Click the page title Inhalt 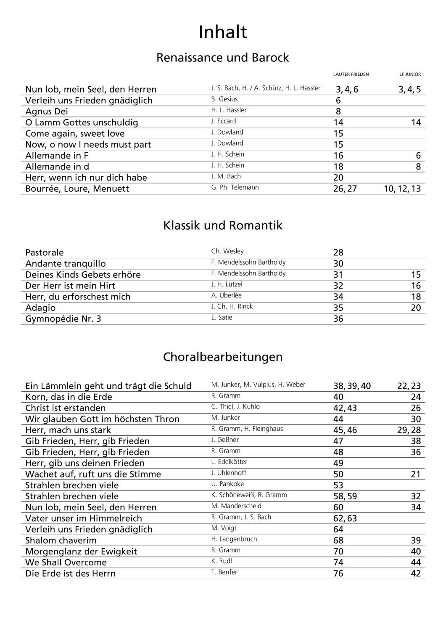[x=223, y=32]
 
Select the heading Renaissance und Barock [x=222, y=58]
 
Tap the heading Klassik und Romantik [x=222, y=225]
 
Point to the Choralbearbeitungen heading [x=222, y=357]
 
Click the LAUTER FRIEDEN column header [x=351, y=74]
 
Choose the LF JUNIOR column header [x=410, y=74]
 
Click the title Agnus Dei [x=46, y=111]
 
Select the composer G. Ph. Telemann [x=235, y=187]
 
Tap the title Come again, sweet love [x=75, y=133]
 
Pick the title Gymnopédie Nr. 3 [x=63, y=319]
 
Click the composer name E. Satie [x=222, y=317]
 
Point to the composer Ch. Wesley [x=227, y=251]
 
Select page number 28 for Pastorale [x=338, y=253]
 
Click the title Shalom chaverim [x=61, y=541]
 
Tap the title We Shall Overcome [x=66, y=562]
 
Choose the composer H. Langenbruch [x=234, y=539]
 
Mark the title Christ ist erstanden [x=66, y=408]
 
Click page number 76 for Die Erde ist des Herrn [x=338, y=574]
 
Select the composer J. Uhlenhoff [x=229, y=473]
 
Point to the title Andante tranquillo [x=66, y=264]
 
